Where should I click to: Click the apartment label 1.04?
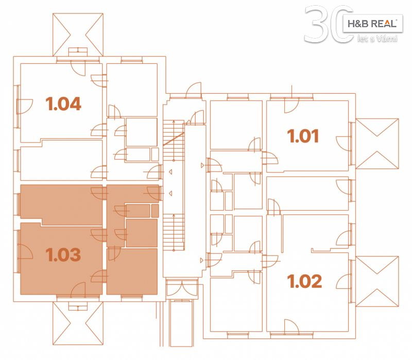tap(63, 104)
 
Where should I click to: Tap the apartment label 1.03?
tap(63, 254)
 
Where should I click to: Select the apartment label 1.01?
tap(303, 136)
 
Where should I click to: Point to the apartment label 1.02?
tap(304, 281)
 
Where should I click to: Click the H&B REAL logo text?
tap(372, 24)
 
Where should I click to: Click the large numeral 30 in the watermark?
tap(329, 24)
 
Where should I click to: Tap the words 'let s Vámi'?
tap(377, 39)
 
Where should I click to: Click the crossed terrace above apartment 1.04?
tap(78, 35)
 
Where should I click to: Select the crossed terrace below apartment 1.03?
tap(78, 323)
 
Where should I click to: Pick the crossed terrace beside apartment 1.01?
tap(377, 144)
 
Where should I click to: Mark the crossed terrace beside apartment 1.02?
tap(377, 281)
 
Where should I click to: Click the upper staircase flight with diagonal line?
tap(174, 140)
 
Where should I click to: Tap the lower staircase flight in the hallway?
tap(174, 232)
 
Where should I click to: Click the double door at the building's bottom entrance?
tap(182, 288)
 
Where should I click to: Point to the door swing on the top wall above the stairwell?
tap(194, 90)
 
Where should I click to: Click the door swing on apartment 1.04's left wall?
tap(25, 107)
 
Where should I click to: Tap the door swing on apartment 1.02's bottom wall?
tap(291, 327)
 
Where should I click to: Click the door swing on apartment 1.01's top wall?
tap(291, 105)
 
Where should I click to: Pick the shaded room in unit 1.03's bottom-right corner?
tap(132, 271)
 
